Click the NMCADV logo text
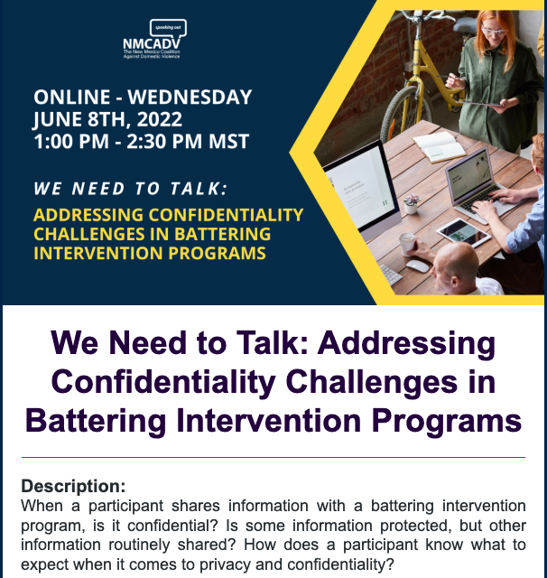[153, 43]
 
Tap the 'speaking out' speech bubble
[168, 28]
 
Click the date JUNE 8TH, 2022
[107, 119]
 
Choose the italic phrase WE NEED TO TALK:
[130, 190]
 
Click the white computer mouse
[417, 266]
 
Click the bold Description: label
[73, 485]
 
